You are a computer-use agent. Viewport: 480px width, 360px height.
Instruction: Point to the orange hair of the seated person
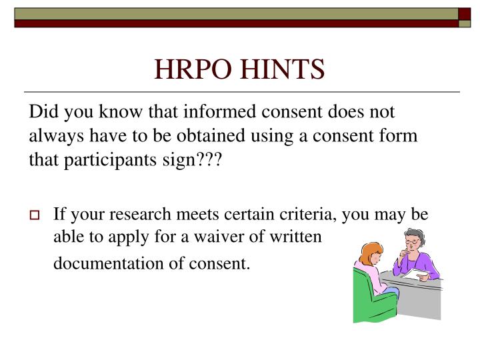(370, 253)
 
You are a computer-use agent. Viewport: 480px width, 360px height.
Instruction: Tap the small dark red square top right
(465, 13)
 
